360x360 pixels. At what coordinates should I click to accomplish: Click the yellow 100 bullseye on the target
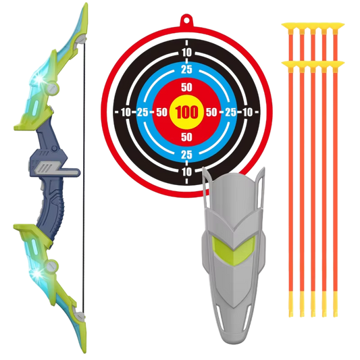pyautogui.click(x=186, y=112)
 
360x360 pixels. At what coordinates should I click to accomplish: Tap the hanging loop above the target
pyautogui.click(x=186, y=21)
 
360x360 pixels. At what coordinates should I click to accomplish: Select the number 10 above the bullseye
pyautogui.click(x=186, y=53)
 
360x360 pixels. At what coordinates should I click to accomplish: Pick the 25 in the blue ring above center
pyautogui.click(x=186, y=70)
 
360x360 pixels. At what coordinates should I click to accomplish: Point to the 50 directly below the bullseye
pyautogui.click(x=186, y=137)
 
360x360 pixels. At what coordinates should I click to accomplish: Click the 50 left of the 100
pyautogui.click(x=161, y=112)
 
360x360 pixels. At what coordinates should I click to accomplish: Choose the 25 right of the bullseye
pyautogui.click(x=230, y=112)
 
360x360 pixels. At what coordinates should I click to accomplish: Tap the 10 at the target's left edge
pyautogui.click(x=126, y=112)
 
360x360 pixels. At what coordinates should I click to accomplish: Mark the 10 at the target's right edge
pyautogui.click(x=247, y=112)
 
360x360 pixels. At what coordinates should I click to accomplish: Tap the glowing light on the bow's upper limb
pyautogui.click(x=39, y=80)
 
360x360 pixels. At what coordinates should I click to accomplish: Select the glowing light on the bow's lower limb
pyautogui.click(x=36, y=274)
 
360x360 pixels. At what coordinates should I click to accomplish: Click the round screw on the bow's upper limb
pyautogui.click(x=53, y=88)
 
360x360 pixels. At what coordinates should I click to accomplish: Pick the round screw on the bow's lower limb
pyautogui.click(x=51, y=265)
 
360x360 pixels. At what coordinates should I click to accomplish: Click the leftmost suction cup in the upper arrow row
pyautogui.click(x=290, y=26)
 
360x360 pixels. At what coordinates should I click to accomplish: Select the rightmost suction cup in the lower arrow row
pyautogui.click(x=336, y=64)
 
